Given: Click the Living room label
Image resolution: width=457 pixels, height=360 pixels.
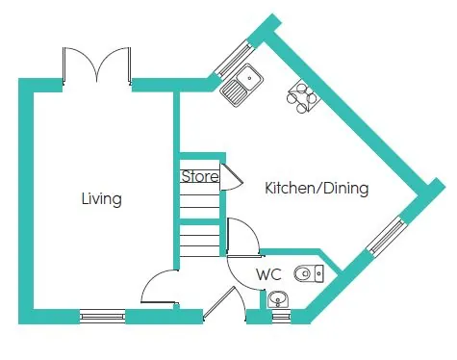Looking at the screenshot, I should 101,199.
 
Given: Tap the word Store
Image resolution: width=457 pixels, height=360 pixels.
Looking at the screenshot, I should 198,177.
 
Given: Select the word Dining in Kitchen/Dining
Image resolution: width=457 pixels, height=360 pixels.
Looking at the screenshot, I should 343,189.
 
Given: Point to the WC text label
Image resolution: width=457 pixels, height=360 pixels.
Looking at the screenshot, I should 268,275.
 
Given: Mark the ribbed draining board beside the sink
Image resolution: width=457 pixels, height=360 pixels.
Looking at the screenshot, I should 234,90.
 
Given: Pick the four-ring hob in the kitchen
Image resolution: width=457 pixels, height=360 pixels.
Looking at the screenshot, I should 302,97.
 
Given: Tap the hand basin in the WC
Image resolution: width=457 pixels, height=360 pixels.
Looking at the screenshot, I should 279,297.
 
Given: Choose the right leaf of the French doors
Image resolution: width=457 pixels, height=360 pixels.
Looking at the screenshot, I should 115,65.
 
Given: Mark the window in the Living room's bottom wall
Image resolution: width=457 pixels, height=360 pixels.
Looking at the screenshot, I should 102,314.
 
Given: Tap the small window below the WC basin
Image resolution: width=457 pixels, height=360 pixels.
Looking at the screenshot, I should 280,314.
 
